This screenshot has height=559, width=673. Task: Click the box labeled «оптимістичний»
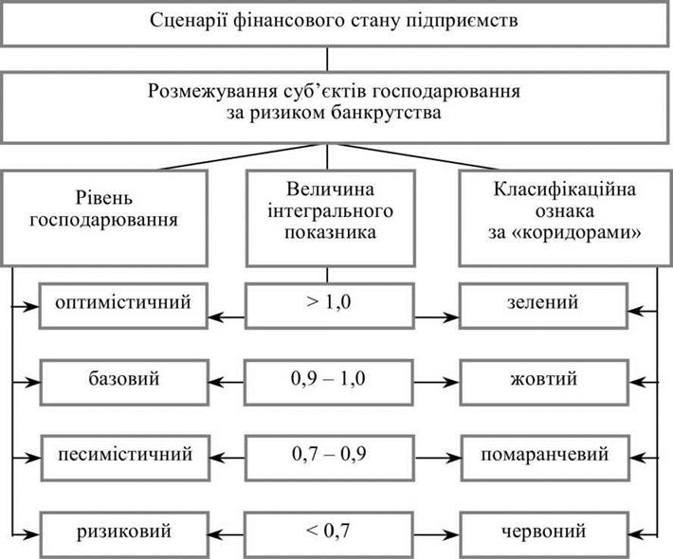[x=123, y=305]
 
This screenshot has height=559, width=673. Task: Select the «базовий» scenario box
[x=124, y=382]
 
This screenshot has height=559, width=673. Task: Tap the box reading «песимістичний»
[x=125, y=458]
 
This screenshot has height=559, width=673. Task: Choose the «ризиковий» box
[x=124, y=534]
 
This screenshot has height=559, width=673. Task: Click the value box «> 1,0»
[x=330, y=305]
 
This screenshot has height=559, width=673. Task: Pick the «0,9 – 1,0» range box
[x=328, y=382]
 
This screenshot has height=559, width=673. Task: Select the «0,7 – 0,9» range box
[x=330, y=458]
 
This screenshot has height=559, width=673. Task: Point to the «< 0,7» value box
[x=328, y=534]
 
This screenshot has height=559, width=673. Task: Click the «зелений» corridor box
[x=543, y=305]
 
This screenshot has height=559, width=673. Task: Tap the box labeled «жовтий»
[x=544, y=382]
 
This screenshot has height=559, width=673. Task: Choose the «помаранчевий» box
[x=545, y=458]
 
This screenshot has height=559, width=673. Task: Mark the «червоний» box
[x=544, y=534]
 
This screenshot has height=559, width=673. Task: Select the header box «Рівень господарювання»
[x=104, y=218]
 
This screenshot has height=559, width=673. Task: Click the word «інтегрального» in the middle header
[x=330, y=211]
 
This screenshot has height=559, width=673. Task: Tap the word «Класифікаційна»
[x=564, y=189]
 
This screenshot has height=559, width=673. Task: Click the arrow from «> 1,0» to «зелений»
[x=437, y=317]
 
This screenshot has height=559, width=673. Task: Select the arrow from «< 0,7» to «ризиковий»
[x=226, y=534]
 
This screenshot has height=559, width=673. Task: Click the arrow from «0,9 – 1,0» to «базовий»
[x=226, y=382]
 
